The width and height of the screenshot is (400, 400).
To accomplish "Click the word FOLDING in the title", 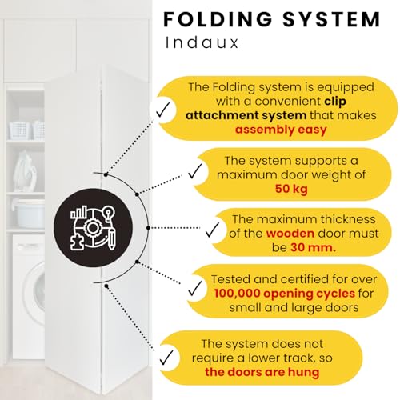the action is click(218, 19).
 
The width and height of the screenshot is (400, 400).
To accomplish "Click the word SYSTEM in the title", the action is click(331, 19).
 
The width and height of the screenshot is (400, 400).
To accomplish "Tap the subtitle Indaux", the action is click(202, 42).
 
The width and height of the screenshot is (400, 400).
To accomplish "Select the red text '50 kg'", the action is click(291, 189).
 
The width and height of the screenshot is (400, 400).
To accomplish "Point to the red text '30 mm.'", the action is click(313, 247).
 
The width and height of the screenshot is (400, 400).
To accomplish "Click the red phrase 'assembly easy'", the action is click(281, 130).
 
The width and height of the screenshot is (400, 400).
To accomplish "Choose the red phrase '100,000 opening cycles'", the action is click(285, 294).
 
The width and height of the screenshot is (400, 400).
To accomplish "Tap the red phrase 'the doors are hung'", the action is click(262, 372).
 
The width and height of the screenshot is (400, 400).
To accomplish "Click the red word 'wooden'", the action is click(290, 234).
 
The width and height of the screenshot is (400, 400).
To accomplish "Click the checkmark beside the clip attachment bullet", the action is click(162, 110).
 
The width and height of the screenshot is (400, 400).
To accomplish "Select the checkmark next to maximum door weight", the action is click(195, 171).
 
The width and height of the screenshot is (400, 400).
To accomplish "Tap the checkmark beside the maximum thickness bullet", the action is click(212, 230).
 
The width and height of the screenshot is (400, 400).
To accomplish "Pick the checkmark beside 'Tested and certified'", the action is click(195, 288).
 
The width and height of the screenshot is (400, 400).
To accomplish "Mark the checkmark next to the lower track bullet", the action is click(166, 358).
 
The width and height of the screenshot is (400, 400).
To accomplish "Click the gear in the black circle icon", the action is click(92, 227).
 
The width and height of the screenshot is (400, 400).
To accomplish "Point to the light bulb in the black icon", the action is click(109, 213).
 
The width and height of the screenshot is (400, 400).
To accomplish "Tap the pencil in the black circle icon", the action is click(111, 238).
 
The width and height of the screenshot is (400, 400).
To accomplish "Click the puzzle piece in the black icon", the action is click(77, 242).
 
